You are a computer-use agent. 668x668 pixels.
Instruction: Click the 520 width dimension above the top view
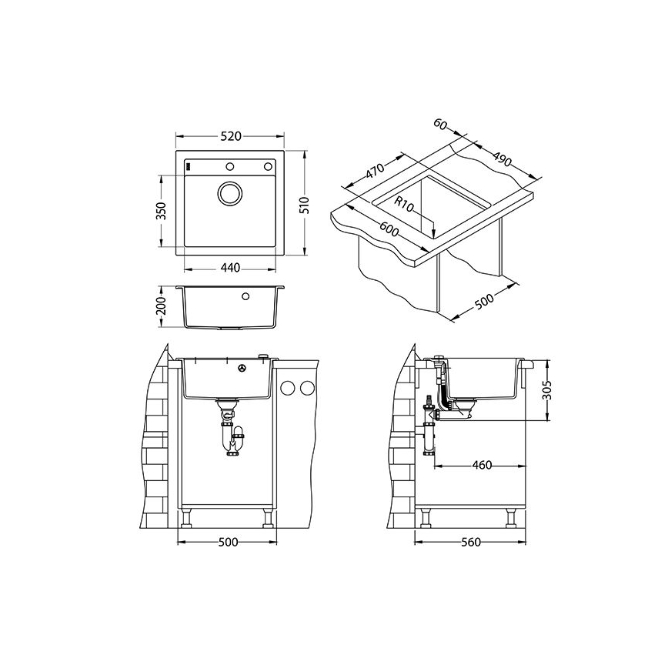pyautogui.click(x=231, y=136)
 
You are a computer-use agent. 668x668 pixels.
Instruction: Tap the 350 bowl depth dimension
pyautogui.click(x=161, y=211)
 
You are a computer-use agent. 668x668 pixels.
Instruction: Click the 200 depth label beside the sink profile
pyautogui.click(x=161, y=306)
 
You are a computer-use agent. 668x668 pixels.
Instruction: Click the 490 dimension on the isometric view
pyautogui.click(x=501, y=161)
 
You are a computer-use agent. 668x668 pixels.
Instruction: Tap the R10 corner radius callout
pyautogui.click(x=405, y=204)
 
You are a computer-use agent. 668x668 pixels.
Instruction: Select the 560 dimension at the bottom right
pyautogui.click(x=470, y=542)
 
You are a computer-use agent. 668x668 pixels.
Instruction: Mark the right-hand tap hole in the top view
pyautogui.click(x=269, y=165)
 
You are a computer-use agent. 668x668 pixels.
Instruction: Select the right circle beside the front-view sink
pyautogui.click(x=308, y=387)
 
